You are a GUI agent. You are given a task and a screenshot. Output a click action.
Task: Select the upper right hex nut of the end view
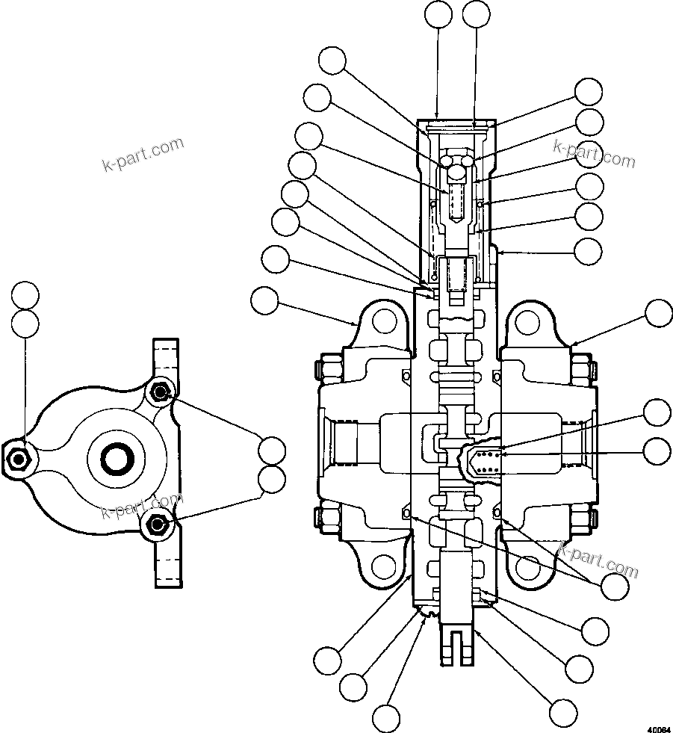point(158,391)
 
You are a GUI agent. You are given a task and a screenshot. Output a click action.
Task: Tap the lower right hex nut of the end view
point(156,524)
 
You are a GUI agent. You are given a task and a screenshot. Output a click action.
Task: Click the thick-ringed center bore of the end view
point(117,457)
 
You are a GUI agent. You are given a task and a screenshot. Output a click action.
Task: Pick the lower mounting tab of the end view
point(167,560)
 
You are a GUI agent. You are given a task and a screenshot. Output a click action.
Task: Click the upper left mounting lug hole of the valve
point(385,322)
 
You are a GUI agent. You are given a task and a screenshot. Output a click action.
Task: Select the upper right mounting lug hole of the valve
point(527,322)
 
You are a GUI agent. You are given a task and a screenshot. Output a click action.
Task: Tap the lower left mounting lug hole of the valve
point(385,569)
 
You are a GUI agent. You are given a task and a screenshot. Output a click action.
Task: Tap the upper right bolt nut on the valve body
point(583,368)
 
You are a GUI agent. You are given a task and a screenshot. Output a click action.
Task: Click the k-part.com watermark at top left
point(143,154)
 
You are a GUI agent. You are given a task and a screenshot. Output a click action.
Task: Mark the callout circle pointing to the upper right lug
point(658,313)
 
